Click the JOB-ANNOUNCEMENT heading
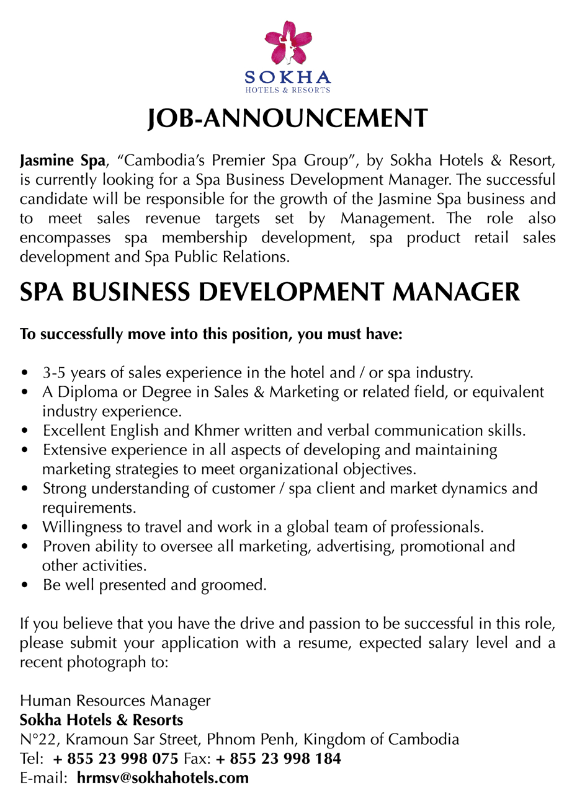pyautogui.click(x=288, y=118)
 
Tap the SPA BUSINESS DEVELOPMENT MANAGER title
pyautogui.click(x=270, y=291)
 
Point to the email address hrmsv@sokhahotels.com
pyautogui.click(x=163, y=778)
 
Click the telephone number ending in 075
pyautogui.click(x=116, y=758)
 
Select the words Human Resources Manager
pyautogui.click(x=115, y=701)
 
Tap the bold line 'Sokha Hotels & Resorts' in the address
pyautogui.click(x=102, y=720)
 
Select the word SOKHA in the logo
pyautogui.click(x=288, y=78)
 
